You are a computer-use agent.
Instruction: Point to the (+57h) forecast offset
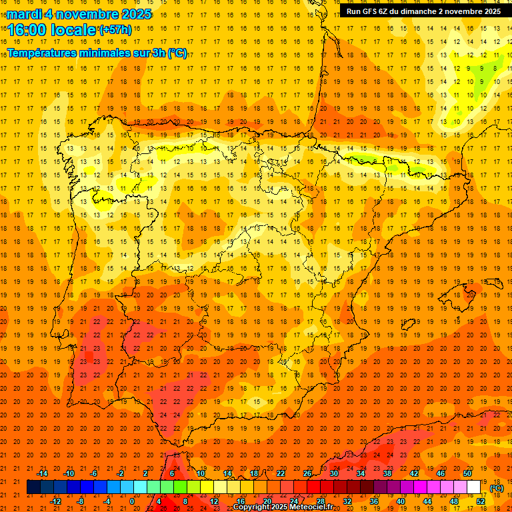tap(115, 30)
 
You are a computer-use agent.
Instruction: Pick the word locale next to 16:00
tap(73, 30)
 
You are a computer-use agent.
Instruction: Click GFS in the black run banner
tap(369, 11)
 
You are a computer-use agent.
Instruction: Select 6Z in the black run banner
tap(386, 11)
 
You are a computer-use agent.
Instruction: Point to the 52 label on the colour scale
tap(481, 501)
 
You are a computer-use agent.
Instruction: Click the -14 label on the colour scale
tap(43, 473)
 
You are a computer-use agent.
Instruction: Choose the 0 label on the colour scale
tap(132, 501)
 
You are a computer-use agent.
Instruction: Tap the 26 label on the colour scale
tap(307, 473)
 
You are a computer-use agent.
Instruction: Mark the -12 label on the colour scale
tap(55, 501)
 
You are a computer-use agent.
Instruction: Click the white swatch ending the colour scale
tap(474, 487)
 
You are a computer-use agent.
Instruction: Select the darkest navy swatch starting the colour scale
tap(33, 487)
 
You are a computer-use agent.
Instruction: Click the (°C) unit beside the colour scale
tap(496, 488)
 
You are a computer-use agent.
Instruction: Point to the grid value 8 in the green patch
tap(495, 68)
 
